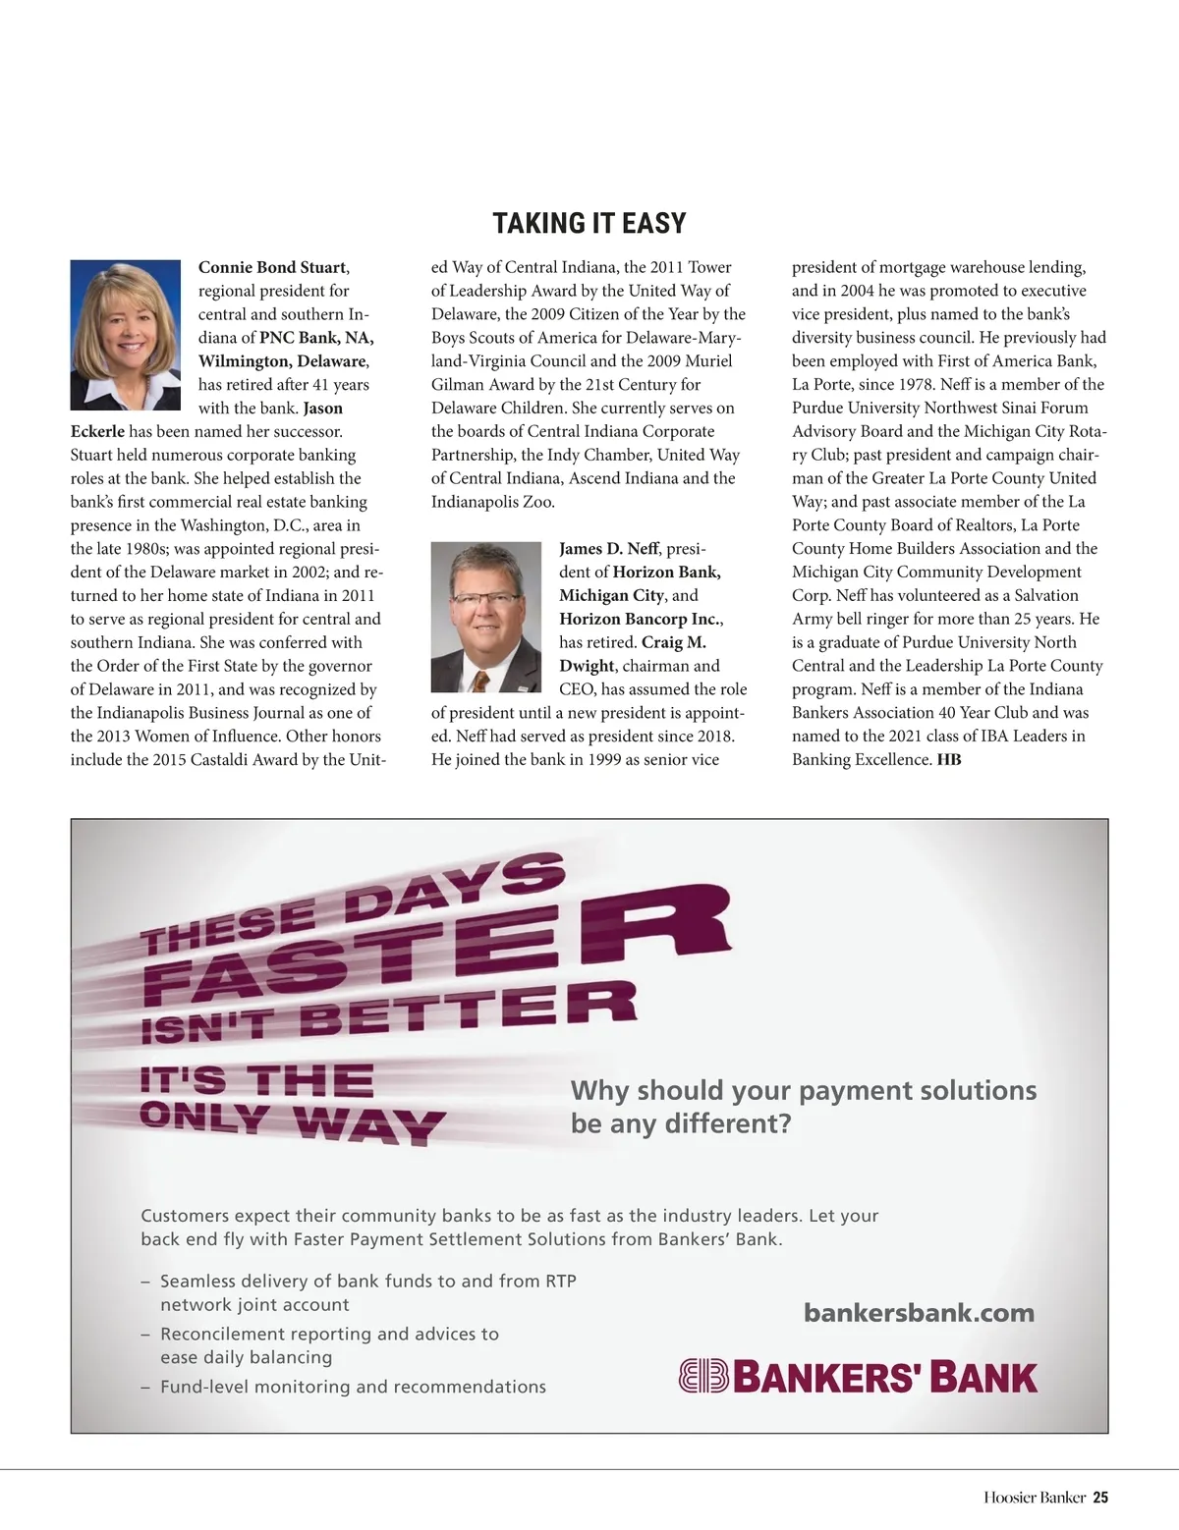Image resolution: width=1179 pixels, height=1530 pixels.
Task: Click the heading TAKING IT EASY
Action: coord(589,224)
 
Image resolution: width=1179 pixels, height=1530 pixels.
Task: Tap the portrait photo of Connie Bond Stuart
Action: coord(125,334)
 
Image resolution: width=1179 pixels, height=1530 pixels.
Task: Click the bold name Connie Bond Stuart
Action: coord(272,267)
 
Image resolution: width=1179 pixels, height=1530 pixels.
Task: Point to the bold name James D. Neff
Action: coord(609,549)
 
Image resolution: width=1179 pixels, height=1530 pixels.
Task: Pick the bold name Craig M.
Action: coord(674,642)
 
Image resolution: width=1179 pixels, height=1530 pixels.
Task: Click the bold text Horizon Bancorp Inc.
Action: coord(641,619)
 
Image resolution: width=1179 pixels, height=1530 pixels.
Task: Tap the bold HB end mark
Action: coord(949,760)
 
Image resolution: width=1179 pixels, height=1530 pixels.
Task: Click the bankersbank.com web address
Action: coord(919,1313)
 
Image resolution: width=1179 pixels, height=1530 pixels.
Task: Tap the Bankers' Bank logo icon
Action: coord(703,1376)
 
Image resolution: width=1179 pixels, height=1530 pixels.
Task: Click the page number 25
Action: coord(1100,1498)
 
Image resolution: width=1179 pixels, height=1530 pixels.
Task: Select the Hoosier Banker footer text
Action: coord(1035,1498)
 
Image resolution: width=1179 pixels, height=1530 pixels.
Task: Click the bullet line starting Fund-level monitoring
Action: coord(352,1387)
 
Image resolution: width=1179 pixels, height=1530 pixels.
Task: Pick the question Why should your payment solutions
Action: coord(803,1091)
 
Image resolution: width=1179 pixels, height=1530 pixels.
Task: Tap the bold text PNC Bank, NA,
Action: coord(316,338)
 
